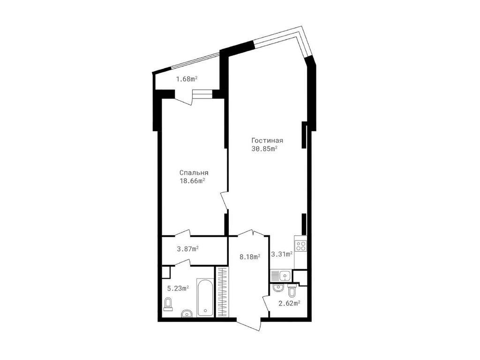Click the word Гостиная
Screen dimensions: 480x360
267,141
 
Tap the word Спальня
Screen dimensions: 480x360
194,173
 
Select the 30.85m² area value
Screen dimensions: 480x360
264,149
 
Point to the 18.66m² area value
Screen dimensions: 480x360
192,181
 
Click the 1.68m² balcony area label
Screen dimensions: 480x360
187,79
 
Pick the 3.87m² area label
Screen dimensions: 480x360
188,249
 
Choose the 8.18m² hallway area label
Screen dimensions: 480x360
250,257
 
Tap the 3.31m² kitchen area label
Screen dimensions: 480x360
282,254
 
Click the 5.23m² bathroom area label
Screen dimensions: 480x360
178,288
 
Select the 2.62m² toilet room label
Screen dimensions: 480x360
289,303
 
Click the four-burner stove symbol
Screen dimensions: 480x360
300,246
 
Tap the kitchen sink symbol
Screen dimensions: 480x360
281,276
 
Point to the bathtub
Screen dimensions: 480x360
205,297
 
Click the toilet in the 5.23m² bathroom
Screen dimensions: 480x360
168,304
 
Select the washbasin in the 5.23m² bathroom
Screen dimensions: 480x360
187,314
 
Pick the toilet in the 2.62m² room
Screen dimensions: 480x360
291,291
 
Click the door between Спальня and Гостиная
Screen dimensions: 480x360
225,201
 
